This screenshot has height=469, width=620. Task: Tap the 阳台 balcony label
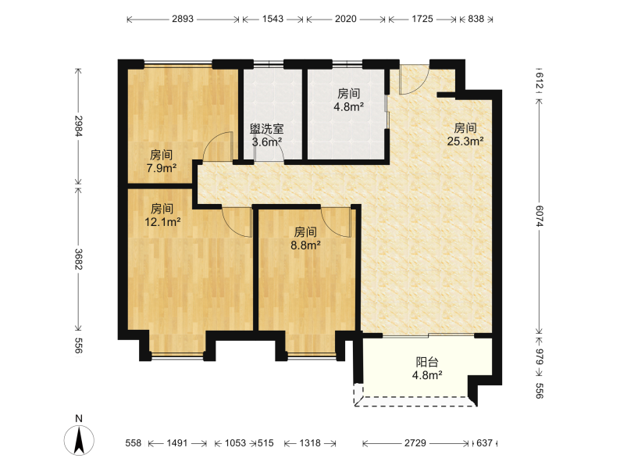tap(427, 362)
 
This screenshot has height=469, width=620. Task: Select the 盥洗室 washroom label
tap(266, 129)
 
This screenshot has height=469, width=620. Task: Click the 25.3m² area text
tap(465, 141)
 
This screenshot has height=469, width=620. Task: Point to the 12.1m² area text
tap(162, 222)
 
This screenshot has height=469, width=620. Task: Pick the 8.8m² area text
tap(305, 245)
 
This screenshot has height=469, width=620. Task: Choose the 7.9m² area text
tap(162, 168)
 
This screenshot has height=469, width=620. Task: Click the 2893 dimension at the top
tap(183, 19)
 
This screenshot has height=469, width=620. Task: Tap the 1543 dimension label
tap(273, 19)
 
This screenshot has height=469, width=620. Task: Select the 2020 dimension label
tap(346, 19)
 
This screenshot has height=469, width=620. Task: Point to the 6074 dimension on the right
tap(540, 216)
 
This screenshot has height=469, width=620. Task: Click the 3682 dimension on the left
tap(79, 260)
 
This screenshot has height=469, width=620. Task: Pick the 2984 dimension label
tap(79, 126)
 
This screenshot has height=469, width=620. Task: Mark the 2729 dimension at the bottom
tap(415, 443)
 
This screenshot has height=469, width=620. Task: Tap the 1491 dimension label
tap(176, 443)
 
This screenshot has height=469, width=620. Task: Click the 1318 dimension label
tap(310, 443)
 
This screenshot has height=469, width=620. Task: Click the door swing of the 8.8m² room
tap(337, 223)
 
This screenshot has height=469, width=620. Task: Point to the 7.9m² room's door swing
tap(218, 147)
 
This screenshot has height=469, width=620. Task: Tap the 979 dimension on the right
tap(540, 356)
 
